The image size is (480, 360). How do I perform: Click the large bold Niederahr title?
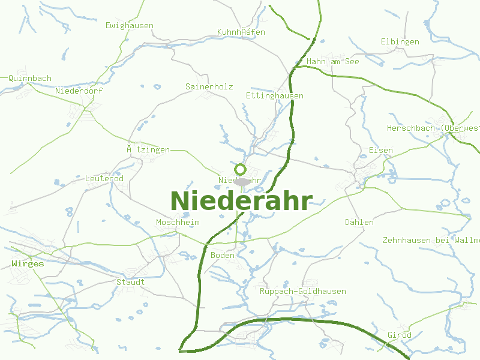pos(241,201)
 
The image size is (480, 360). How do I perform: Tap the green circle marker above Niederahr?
pos(241,169)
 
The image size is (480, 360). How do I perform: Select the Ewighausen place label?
pos(130,26)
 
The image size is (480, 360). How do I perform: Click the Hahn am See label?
pos(332,62)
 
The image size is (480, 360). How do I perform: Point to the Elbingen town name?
pos(400,42)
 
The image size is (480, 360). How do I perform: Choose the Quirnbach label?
pos(30,78)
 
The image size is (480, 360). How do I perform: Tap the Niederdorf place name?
pos(79,91)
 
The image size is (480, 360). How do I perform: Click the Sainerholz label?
pos(209,87)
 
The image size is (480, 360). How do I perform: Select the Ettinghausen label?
pos(275,96)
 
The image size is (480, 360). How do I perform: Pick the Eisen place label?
pos(381,150)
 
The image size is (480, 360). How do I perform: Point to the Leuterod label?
pos(104,179)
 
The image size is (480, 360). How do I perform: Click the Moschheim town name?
pos(178,223)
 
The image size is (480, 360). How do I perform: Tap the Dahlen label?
pos(359,223)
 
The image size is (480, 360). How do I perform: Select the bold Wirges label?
pos(28,263)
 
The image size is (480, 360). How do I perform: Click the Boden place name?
pos(223,256)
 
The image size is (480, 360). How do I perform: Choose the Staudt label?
pos(130,282)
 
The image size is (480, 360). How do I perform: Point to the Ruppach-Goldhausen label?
pos(303,292)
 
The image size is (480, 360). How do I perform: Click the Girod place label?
pos(400,335)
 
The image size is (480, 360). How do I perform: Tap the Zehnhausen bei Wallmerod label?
pos(431,241)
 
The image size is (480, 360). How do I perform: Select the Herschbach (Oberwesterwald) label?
pos(433,128)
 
